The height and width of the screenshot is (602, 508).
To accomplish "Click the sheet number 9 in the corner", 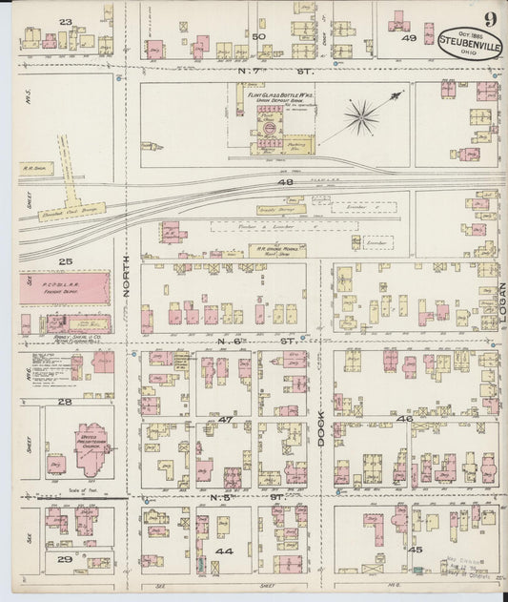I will pos(488,18).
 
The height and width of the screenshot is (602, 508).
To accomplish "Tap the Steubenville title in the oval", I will pos(468,42).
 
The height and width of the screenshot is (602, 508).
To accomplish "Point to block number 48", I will pos(283,181).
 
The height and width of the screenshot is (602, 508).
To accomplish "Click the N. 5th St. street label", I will pos(267,497).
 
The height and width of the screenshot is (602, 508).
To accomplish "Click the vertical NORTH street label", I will pos(126,281).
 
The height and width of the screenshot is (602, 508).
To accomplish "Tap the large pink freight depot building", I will pos(65,287).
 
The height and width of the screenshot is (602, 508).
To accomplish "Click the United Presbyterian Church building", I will pos(91,445).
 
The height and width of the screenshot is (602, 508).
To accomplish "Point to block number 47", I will pos(226,420).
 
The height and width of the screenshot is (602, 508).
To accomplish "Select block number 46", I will pos(404,419).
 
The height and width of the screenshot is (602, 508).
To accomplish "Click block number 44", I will pos(226,551).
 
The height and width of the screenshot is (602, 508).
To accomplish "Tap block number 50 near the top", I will pos(258,36).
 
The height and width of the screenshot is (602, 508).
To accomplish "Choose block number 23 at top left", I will pos(66,21).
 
